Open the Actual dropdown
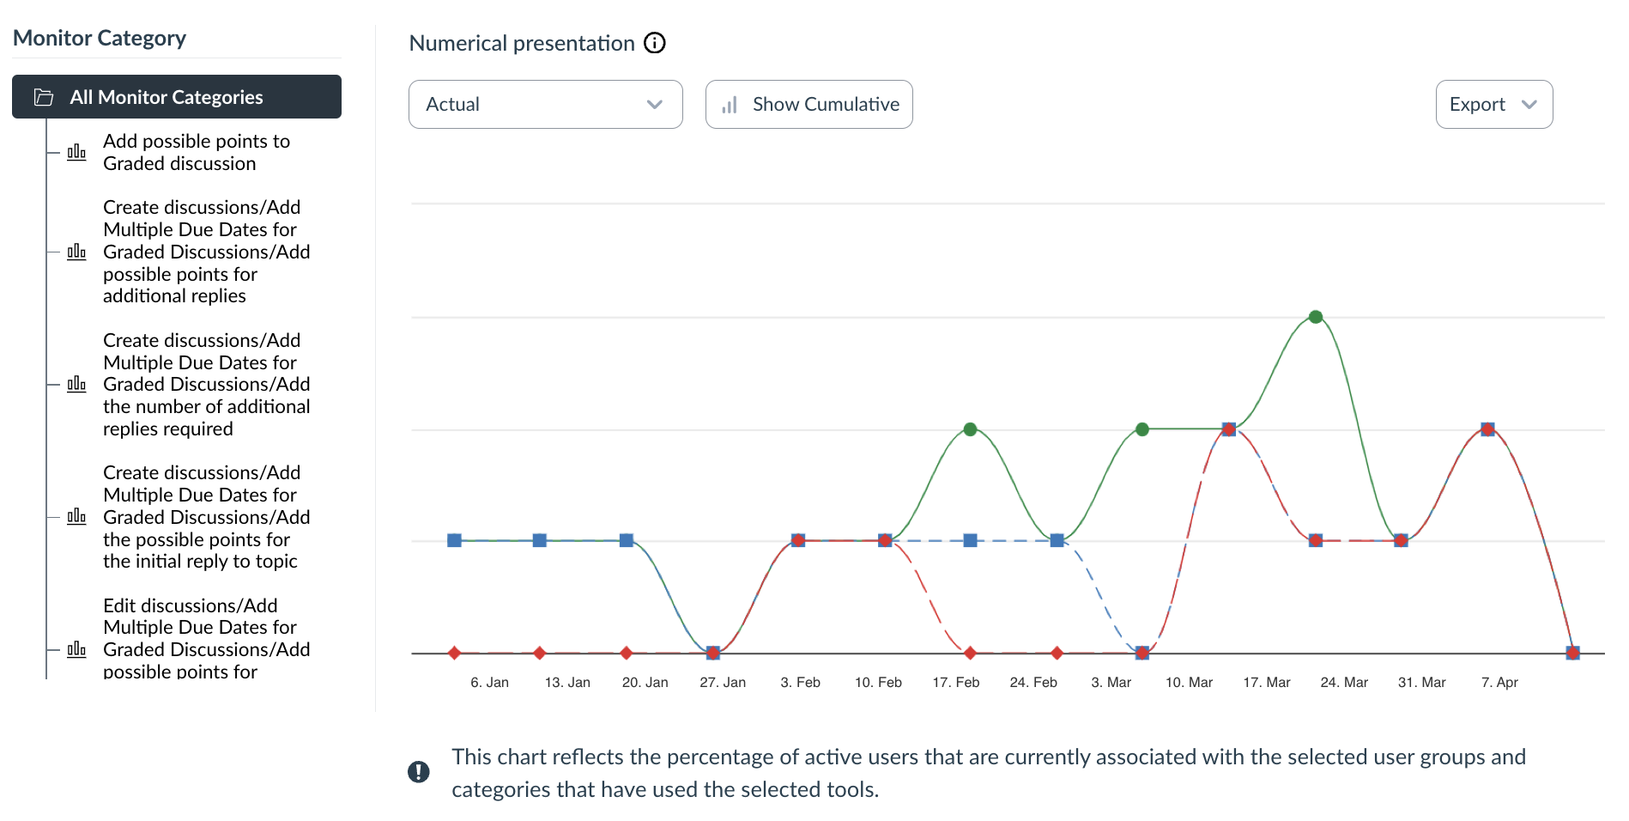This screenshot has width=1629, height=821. [545, 105]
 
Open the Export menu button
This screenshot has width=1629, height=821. [1493, 105]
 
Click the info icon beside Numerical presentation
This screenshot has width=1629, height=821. [655, 43]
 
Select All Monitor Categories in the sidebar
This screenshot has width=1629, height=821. [177, 97]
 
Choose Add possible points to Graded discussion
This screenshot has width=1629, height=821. [196, 152]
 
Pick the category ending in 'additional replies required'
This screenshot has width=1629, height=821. [206, 384]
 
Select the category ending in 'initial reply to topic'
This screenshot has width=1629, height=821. [206, 517]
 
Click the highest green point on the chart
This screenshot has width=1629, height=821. [1315, 317]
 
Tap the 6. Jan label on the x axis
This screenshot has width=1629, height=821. [489, 683]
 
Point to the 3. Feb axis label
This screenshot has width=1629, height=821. [800, 683]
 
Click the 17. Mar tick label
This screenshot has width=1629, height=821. [1266, 683]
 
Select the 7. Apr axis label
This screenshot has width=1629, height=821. [1499, 683]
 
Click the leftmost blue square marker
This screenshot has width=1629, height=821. [455, 540]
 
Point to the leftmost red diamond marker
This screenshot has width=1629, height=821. [455, 654]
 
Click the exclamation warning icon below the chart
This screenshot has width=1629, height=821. [418, 772]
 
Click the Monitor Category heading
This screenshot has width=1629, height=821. [100, 39]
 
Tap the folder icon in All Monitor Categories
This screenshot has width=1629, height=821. [44, 97]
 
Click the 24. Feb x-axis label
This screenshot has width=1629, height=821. [1033, 683]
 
